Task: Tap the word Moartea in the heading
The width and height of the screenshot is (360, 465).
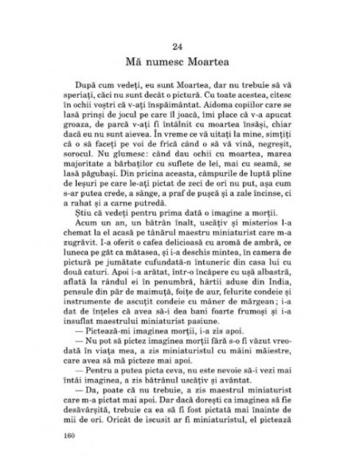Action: (x=214, y=61)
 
